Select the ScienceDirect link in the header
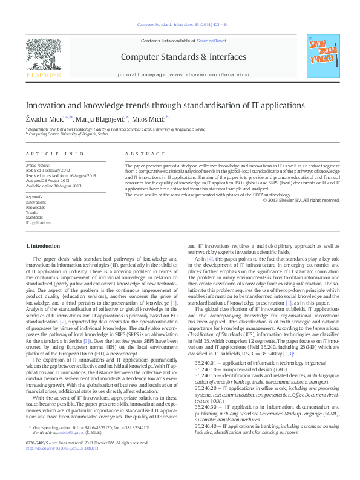[x=211, y=40]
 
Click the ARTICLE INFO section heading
[x=54, y=155]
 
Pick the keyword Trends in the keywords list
[x=31, y=213]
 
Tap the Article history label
[x=39, y=165]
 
